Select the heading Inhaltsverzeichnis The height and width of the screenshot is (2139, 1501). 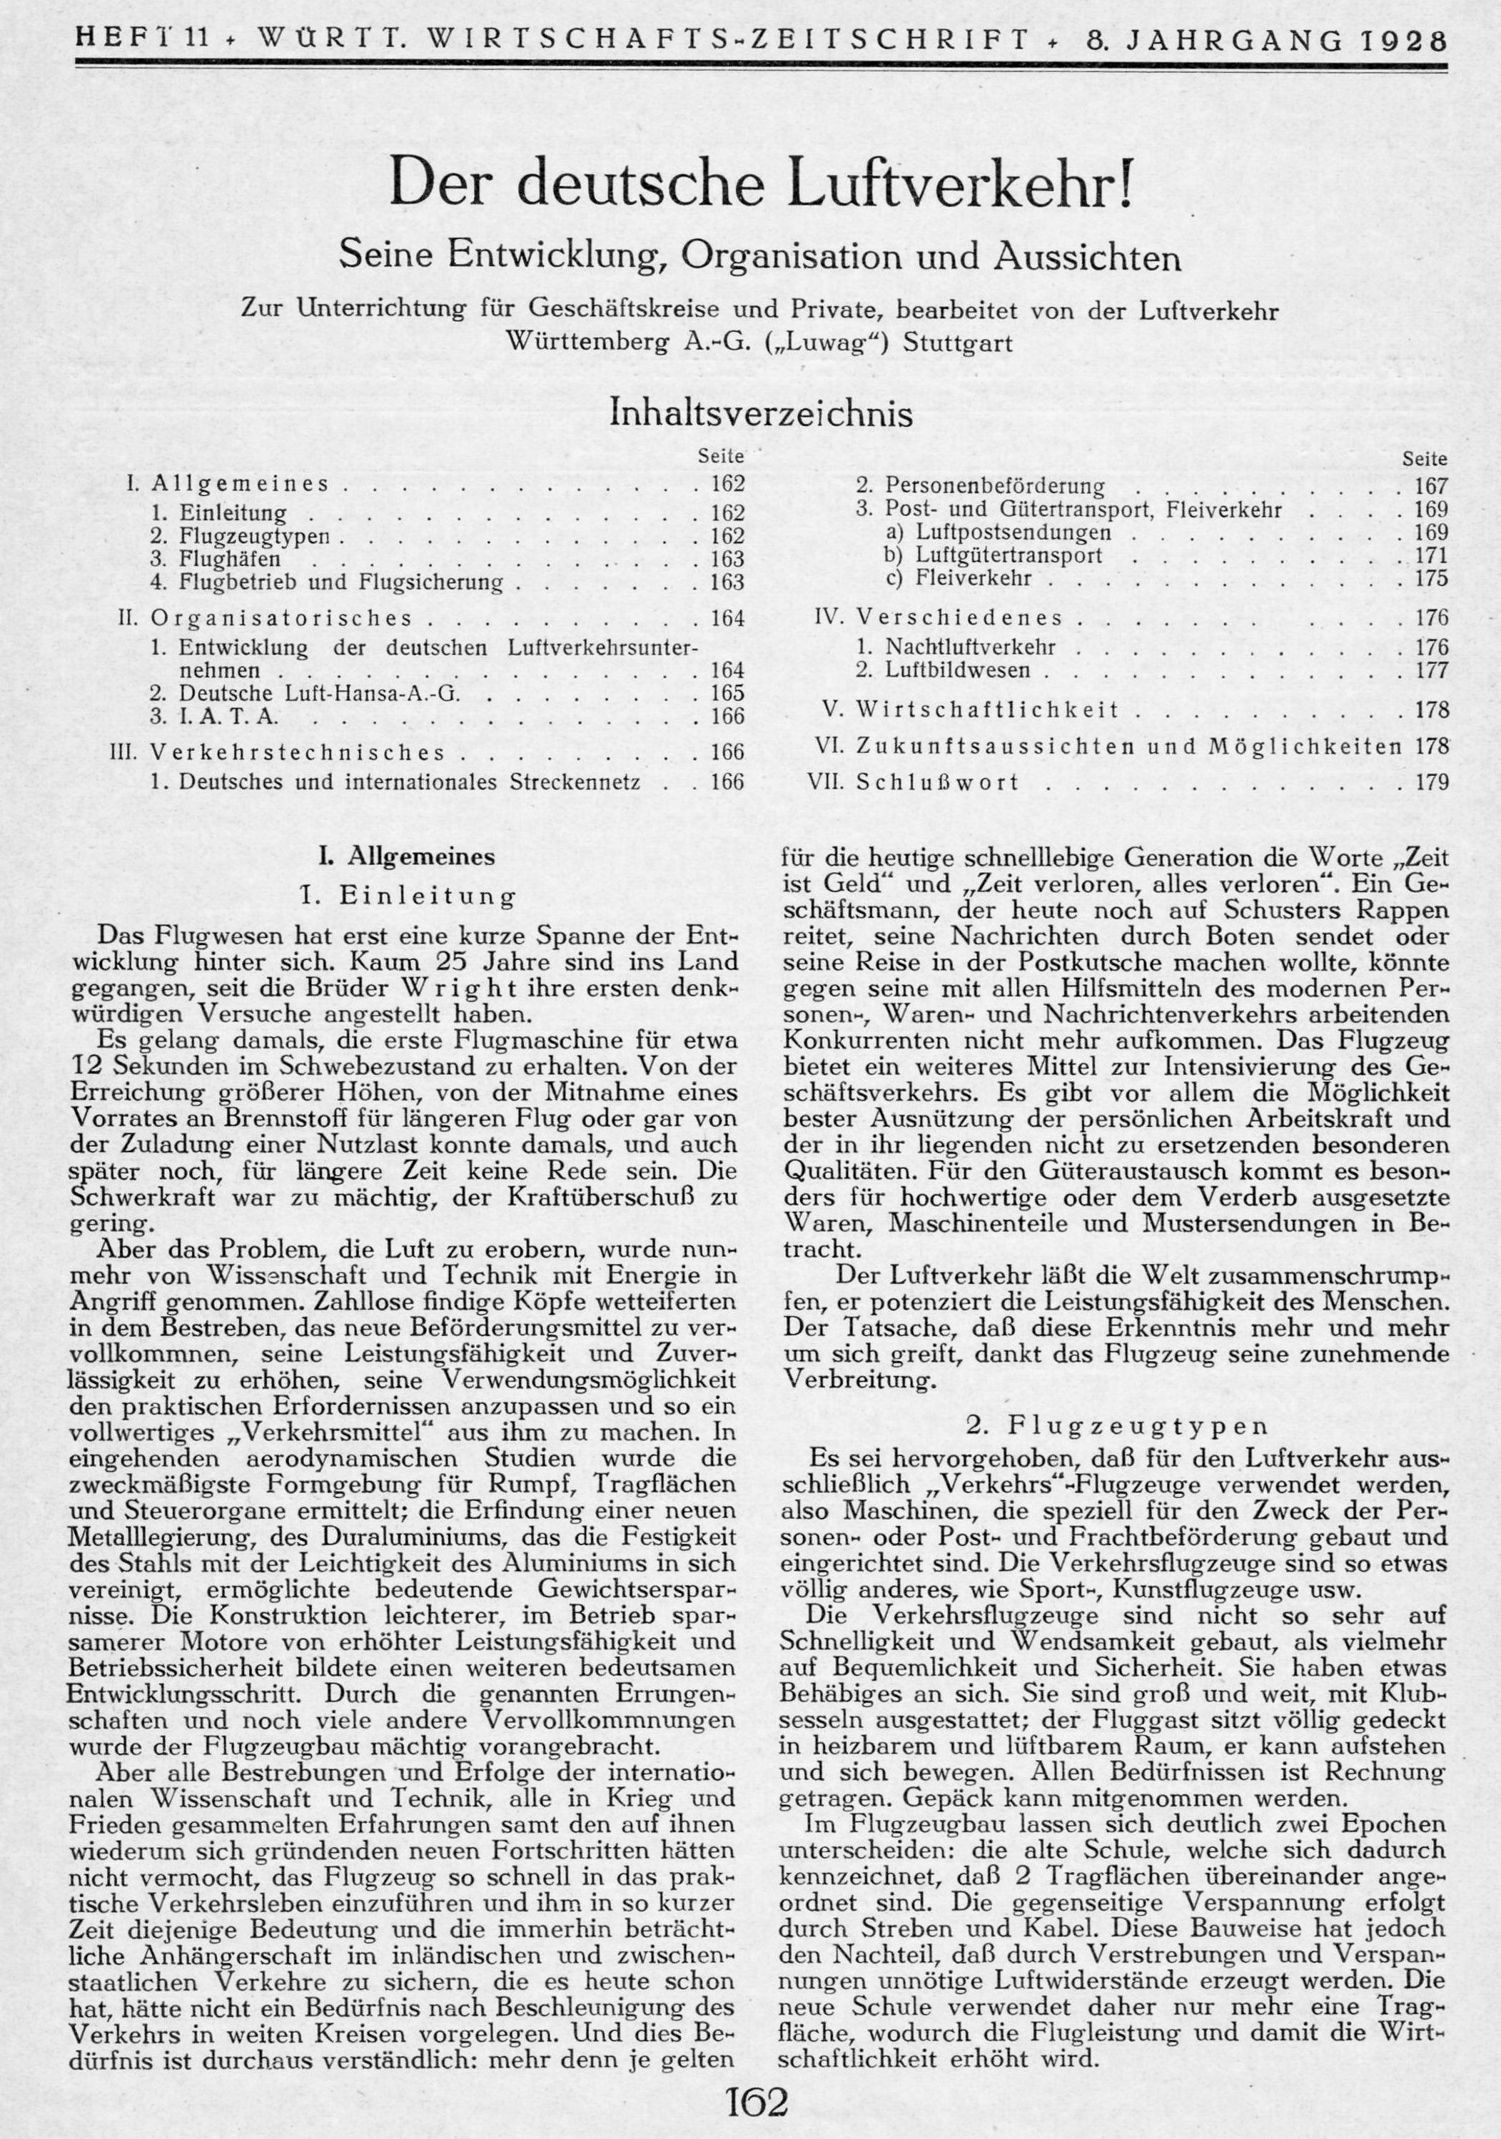click(x=760, y=413)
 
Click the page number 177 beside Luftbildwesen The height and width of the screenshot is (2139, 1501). click(x=1431, y=670)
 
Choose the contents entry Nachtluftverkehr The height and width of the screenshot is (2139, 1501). click(x=970, y=647)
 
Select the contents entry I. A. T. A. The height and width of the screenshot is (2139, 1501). click(x=228, y=717)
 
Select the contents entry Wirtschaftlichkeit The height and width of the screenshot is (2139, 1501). click(x=988, y=711)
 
